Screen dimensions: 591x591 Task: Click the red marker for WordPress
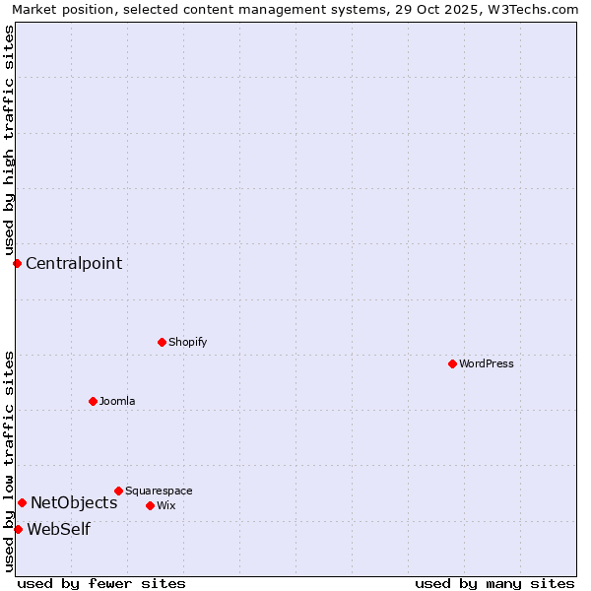click(452, 363)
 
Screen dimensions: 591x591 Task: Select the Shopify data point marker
click(162, 342)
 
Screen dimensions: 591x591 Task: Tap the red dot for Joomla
click(93, 401)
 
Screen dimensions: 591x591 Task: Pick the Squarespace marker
click(118, 491)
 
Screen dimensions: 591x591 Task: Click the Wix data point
click(150, 505)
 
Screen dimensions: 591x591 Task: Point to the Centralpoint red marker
click(17, 263)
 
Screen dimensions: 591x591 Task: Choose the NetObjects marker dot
click(22, 502)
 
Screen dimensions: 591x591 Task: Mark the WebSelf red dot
click(18, 529)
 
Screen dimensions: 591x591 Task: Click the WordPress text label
click(487, 363)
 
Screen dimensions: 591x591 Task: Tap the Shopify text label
click(187, 342)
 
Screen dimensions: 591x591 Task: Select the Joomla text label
click(117, 401)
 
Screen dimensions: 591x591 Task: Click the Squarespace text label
click(159, 491)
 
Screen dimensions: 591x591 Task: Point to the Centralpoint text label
click(74, 263)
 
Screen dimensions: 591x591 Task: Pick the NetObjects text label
click(74, 502)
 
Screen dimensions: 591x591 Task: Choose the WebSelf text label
click(58, 529)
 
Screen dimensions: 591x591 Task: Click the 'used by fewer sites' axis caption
click(101, 583)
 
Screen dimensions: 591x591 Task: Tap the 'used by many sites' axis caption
click(494, 583)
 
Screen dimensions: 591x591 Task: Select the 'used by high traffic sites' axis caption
click(9, 140)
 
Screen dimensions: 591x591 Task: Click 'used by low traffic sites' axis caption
click(9, 460)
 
